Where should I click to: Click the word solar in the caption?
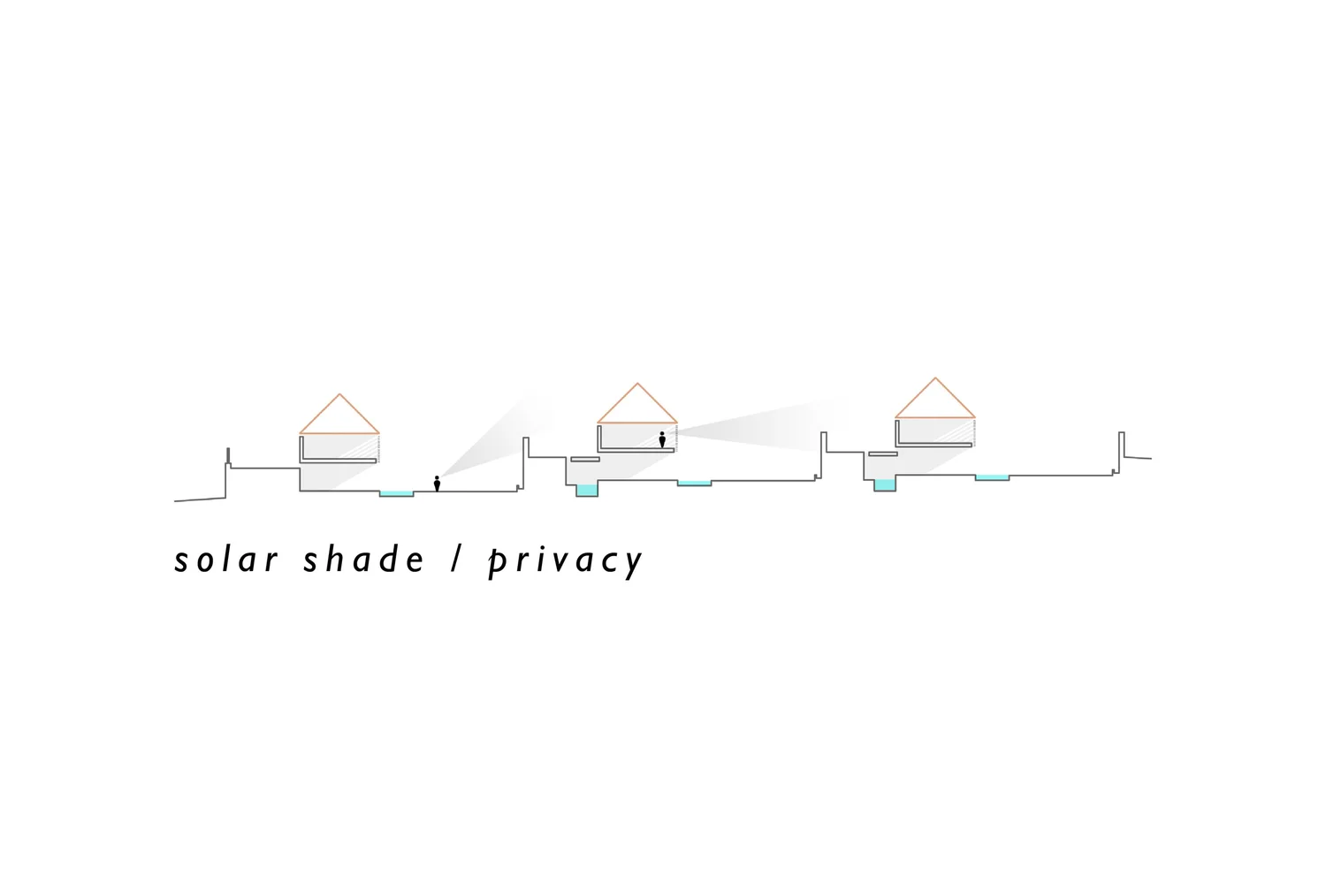click(226, 560)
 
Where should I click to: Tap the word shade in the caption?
click(363, 560)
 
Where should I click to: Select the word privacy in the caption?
click(566, 561)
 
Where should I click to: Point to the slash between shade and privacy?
click(457, 560)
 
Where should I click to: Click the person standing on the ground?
click(437, 484)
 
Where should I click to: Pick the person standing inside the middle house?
click(662, 439)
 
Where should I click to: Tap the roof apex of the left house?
click(339, 394)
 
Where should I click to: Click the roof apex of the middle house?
click(637, 384)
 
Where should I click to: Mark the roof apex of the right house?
click(935, 378)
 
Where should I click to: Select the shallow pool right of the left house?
click(396, 493)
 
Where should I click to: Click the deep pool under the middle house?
click(587, 490)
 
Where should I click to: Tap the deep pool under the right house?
click(885, 484)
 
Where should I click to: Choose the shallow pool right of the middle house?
click(694, 483)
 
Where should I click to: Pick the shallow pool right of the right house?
click(992, 477)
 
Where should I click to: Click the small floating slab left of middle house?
click(585, 460)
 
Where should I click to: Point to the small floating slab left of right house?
click(883, 454)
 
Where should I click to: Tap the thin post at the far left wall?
click(228, 456)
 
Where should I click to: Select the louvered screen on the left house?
click(378, 447)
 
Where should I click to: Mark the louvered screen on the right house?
click(974, 431)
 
